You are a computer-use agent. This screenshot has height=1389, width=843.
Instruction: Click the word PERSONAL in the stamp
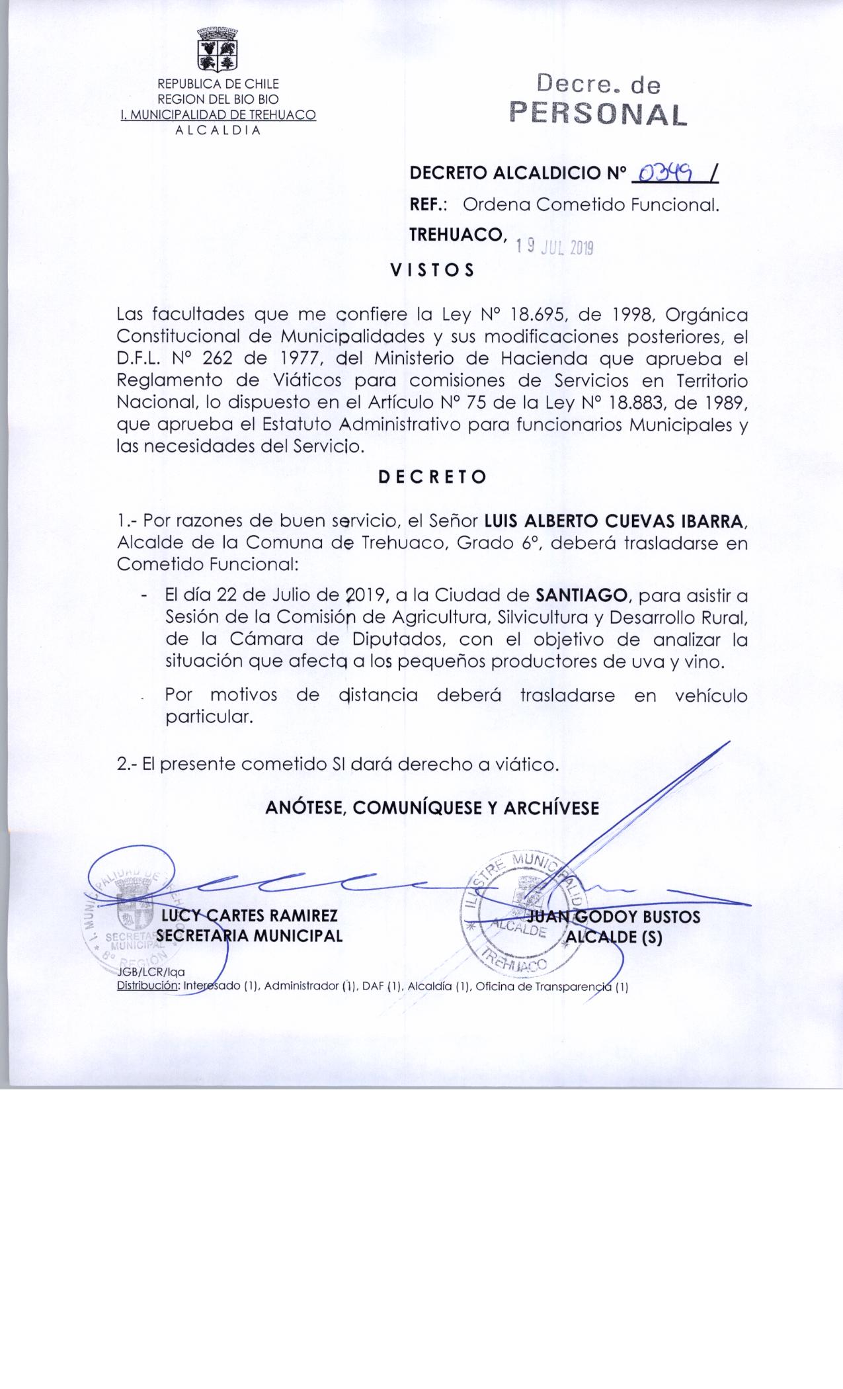(599, 114)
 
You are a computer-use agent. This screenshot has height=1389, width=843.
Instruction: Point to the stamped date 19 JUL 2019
(555, 247)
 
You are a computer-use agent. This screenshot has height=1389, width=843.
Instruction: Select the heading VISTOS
(432, 271)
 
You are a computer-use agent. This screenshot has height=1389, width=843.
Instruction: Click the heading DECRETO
(432, 477)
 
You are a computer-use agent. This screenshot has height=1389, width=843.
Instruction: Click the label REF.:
(429, 205)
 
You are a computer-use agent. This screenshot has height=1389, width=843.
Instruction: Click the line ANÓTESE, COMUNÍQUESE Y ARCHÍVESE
(432, 808)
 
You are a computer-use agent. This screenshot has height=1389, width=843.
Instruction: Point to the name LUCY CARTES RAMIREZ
(249, 916)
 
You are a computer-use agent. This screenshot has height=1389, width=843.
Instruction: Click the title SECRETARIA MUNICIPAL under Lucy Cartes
(249, 936)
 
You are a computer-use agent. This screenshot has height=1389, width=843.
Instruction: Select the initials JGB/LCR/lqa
(151, 972)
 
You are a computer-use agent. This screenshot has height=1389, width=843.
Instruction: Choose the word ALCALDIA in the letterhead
(218, 130)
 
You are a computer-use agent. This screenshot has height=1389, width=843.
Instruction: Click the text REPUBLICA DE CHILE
(218, 84)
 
